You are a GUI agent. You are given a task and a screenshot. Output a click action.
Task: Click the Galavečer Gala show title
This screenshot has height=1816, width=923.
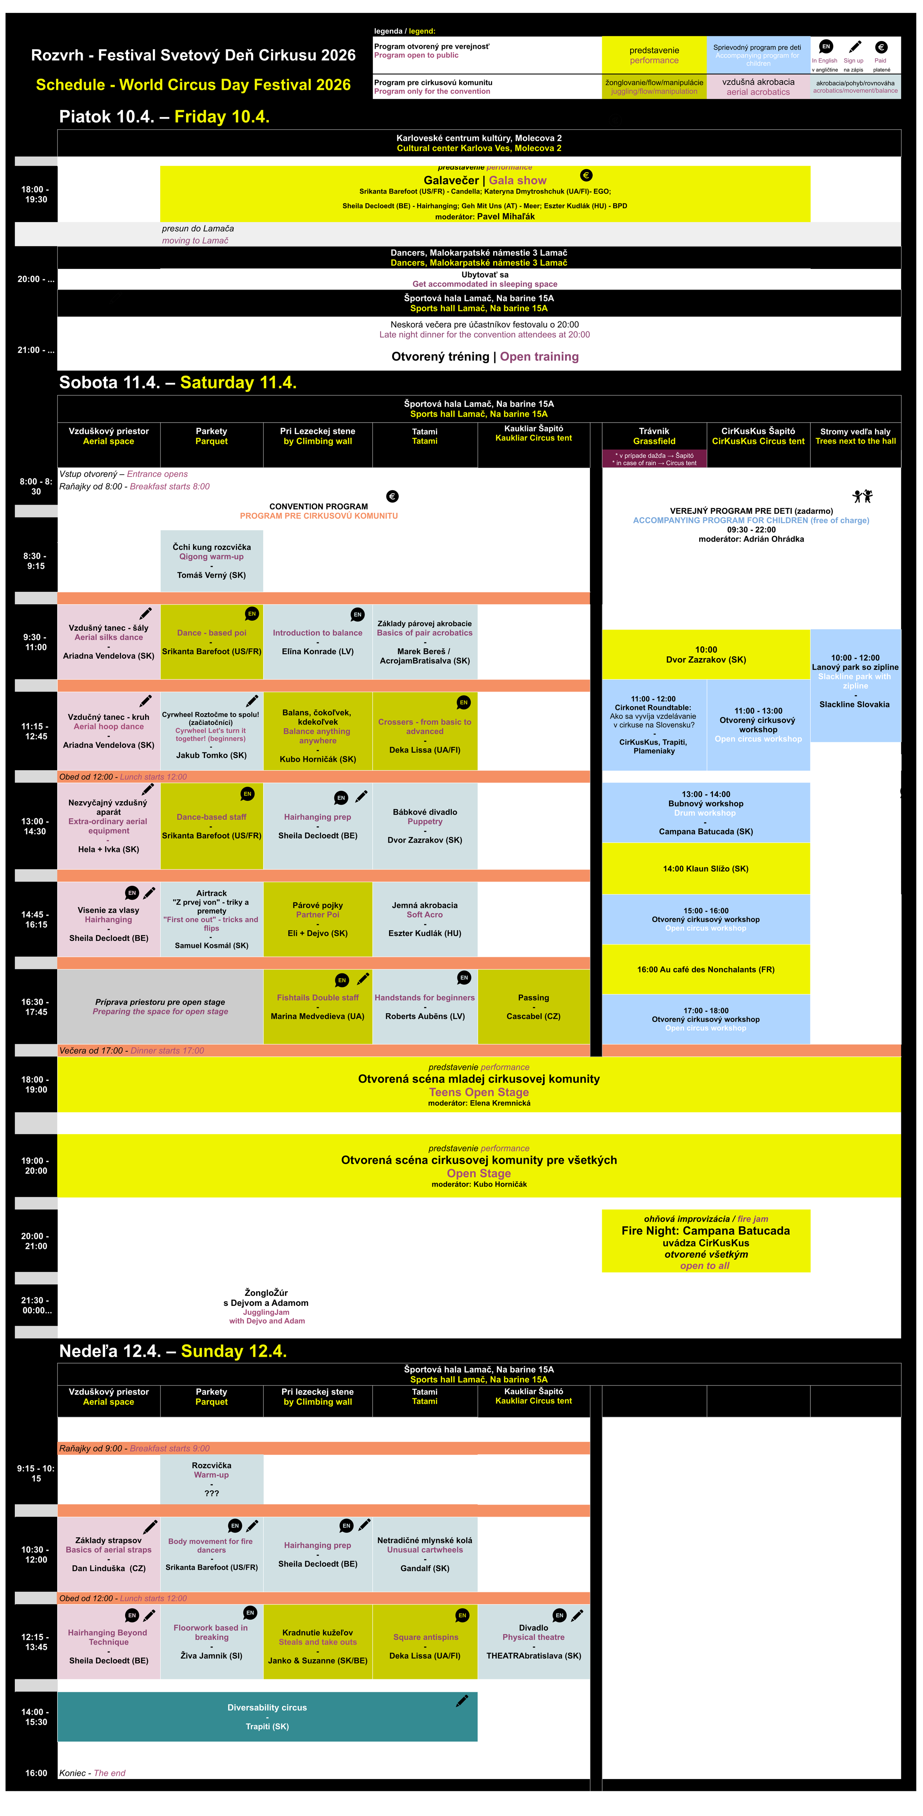[x=485, y=181]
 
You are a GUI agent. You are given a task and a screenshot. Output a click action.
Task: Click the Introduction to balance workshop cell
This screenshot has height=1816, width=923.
[x=318, y=642]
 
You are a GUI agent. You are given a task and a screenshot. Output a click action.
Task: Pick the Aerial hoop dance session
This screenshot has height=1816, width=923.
[x=109, y=731]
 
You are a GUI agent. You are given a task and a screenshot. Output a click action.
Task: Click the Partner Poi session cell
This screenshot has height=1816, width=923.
[x=318, y=919]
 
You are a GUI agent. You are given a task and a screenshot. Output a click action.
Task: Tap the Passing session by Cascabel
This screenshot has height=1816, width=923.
[x=533, y=1007]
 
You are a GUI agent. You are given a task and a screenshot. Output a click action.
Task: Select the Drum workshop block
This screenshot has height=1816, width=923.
[x=705, y=813]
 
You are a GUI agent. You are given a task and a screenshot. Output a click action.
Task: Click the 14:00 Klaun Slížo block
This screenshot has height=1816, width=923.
[x=705, y=868]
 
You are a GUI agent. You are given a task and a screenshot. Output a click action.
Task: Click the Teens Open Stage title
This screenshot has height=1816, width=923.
[x=479, y=1092]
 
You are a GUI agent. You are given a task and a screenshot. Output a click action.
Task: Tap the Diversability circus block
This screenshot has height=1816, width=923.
[x=267, y=1717]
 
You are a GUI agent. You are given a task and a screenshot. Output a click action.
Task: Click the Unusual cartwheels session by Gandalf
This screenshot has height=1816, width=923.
[x=425, y=1554]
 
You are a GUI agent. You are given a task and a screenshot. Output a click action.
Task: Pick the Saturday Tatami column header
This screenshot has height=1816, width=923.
[x=425, y=436]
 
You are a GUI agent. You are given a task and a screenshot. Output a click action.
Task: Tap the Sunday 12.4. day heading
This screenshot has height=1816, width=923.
[x=173, y=1351]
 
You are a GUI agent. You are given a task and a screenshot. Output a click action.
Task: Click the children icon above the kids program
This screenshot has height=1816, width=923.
[x=862, y=496]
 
